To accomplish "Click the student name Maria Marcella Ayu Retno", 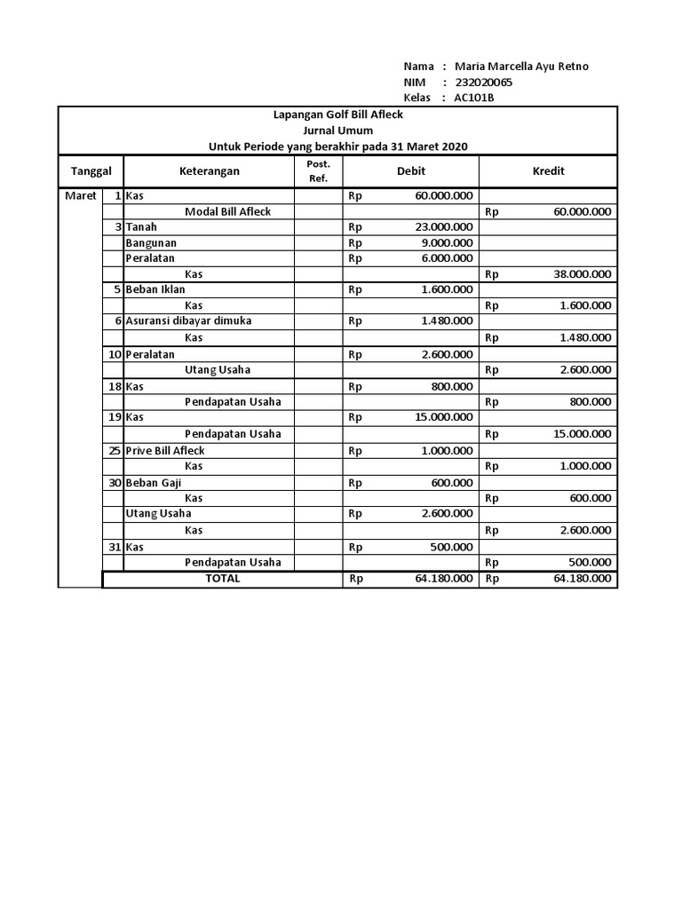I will pyautogui.click(x=521, y=67).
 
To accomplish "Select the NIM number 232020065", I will pyautogui.click(x=483, y=83).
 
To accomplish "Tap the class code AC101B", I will pyautogui.click(x=475, y=99).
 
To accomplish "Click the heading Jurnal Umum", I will pyautogui.click(x=337, y=130).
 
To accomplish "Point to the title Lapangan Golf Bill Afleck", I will pyautogui.click(x=337, y=115).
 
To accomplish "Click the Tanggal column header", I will pyautogui.click(x=91, y=171).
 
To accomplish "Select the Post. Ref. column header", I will pyautogui.click(x=318, y=171).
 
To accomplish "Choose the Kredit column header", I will pyautogui.click(x=548, y=171).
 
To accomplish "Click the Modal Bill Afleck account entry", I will pyautogui.click(x=227, y=212).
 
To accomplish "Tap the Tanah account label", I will pyautogui.click(x=141, y=227).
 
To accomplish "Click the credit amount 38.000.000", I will pyautogui.click(x=582, y=275).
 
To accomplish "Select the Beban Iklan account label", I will pyautogui.click(x=156, y=289).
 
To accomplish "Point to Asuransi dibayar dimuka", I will pyautogui.click(x=188, y=321).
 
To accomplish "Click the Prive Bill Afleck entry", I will pyautogui.click(x=165, y=451).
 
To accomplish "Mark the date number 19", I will pyautogui.click(x=115, y=417).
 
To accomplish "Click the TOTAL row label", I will pyautogui.click(x=223, y=579).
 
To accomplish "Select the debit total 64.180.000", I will pyautogui.click(x=443, y=580).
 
